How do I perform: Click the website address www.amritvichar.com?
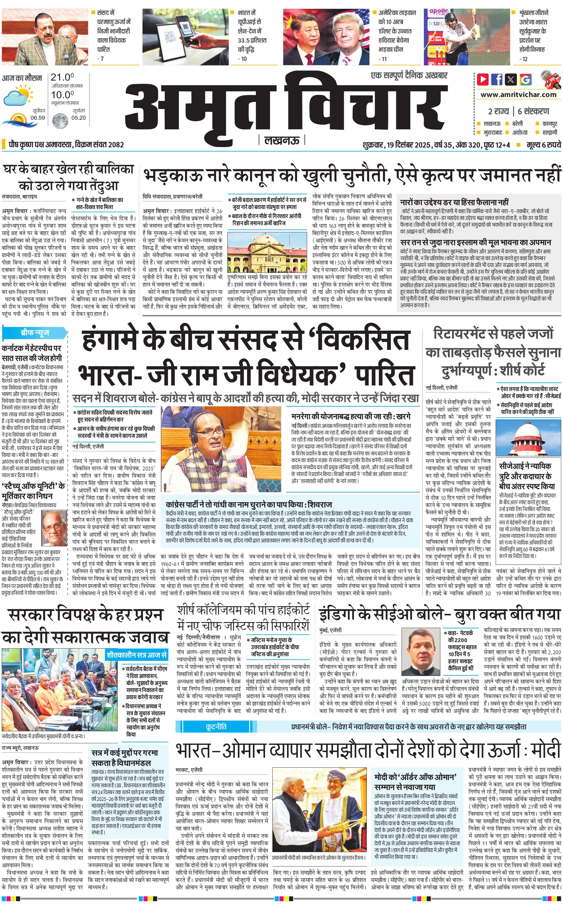[518, 95]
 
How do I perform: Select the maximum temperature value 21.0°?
[62, 77]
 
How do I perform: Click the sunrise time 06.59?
[38, 118]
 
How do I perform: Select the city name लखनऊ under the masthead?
[281, 140]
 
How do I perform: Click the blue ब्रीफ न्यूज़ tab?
[35, 332]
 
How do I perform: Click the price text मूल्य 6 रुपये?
[543, 145]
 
